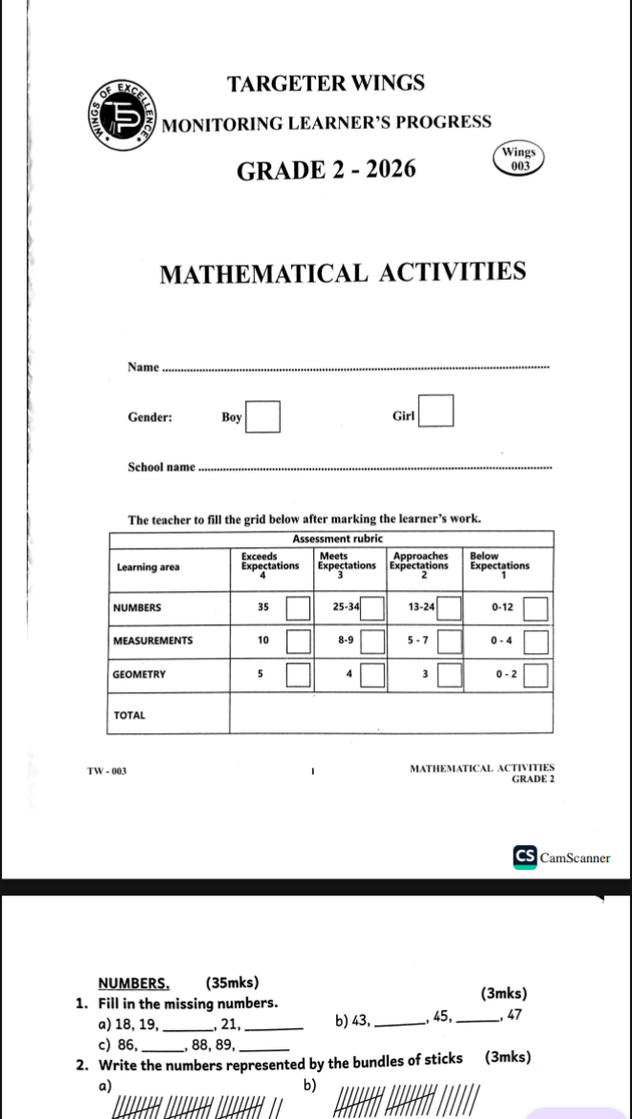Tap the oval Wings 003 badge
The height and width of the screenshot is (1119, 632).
[x=520, y=158]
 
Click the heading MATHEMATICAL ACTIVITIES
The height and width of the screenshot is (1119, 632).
[x=343, y=273]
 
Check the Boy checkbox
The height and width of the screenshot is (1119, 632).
[x=264, y=417]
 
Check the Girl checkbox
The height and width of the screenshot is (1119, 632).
[x=437, y=413]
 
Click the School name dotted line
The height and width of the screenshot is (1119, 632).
[x=377, y=468]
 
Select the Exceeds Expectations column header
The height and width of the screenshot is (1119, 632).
[x=269, y=563]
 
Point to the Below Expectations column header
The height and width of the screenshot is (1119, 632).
[x=499, y=563]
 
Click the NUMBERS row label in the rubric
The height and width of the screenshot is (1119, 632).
[x=137, y=607]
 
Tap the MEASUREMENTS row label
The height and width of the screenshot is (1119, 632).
[x=153, y=641]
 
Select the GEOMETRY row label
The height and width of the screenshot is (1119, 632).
[x=139, y=674]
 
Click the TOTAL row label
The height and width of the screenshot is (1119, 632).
[x=129, y=714]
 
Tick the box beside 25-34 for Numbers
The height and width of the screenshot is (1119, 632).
[x=372, y=608]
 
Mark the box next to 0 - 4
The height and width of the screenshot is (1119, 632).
[x=537, y=642]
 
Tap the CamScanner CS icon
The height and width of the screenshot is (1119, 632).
[x=525, y=856]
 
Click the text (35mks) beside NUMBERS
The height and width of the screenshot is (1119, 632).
[x=232, y=983]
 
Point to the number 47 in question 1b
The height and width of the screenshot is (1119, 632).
[x=515, y=1014]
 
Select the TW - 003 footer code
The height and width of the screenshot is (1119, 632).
[x=107, y=771]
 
